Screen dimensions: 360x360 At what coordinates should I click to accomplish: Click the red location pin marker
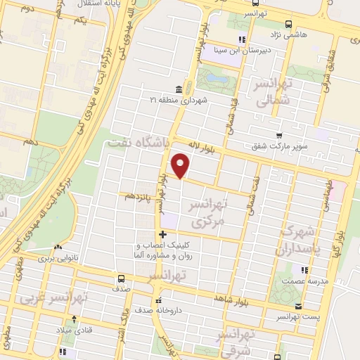click(181, 165)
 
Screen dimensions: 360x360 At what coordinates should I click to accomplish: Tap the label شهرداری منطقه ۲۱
click(178, 101)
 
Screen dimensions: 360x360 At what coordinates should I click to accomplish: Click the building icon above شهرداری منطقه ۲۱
click(178, 89)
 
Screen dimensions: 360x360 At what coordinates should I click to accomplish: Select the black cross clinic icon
click(163, 235)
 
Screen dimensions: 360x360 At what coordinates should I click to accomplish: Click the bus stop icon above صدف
click(123, 278)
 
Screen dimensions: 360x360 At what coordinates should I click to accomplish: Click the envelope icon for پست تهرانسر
click(298, 306)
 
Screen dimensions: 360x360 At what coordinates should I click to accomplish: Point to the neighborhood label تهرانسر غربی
click(53, 297)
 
